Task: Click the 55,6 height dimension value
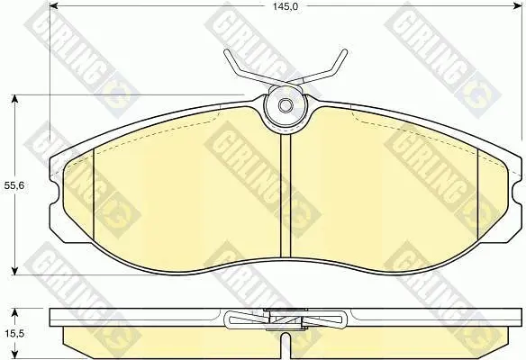point(14,185)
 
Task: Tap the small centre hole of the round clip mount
point(286,105)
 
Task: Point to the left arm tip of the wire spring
point(225,51)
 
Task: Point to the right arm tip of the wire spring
point(345,51)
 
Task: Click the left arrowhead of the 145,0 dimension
point(54,5)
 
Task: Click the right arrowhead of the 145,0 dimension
point(518,5)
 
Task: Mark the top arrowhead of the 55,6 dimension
point(14,100)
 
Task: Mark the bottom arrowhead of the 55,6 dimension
point(14,270)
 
